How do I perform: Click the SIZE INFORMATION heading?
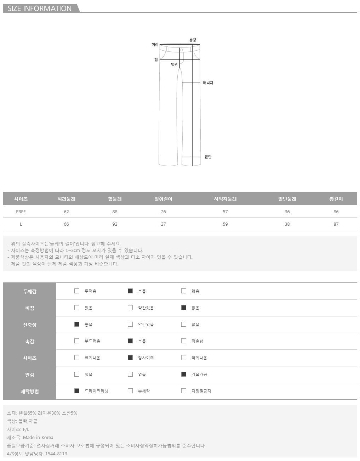tap(40, 9)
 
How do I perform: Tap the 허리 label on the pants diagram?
tap(155, 44)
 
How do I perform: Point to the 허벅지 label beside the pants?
tap(208, 83)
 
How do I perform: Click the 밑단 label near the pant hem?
tap(208, 157)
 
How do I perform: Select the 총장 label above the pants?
tap(193, 40)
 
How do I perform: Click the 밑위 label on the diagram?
tap(174, 64)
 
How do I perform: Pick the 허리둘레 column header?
tap(66, 199)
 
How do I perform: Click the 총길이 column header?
tap(336, 199)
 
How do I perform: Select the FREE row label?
tap(21, 212)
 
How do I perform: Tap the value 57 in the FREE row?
tap(225, 212)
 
